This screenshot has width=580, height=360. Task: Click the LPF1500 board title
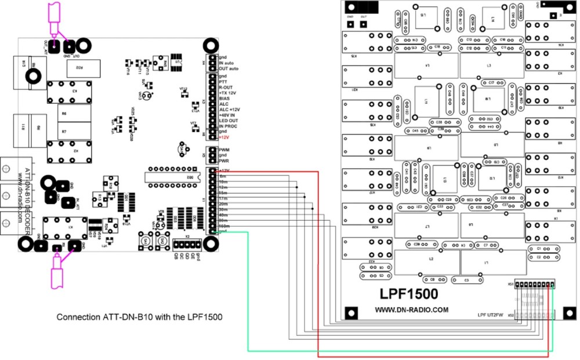411,294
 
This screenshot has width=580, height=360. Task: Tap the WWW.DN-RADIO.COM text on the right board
411,310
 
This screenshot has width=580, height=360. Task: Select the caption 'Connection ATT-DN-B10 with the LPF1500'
139,318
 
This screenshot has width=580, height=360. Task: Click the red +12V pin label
224,137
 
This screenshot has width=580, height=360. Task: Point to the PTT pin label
223,82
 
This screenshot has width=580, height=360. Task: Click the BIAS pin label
224,99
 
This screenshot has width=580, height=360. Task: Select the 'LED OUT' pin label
229,121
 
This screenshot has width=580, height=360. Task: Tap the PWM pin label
224,150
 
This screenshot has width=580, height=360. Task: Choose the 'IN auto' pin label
228,63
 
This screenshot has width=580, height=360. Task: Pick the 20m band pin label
223,204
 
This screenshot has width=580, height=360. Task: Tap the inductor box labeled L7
427,226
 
